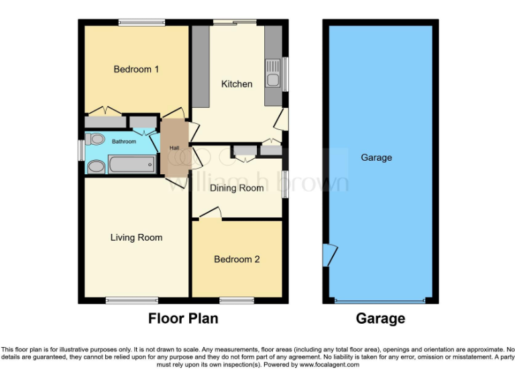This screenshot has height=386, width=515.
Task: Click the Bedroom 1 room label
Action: (x=136, y=69)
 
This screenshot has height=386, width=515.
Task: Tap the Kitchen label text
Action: (x=237, y=84)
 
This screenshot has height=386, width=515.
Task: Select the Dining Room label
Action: (x=237, y=188)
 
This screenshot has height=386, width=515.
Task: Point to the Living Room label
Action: (x=136, y=237)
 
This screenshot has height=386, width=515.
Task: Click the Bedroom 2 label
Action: (x=237, y=259)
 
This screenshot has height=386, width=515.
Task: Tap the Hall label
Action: (x=174, y=148)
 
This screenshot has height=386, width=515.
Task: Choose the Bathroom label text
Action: (x=124, y=141)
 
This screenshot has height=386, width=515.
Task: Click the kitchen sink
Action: (x=273, y=74)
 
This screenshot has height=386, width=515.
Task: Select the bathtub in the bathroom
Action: (x=131, y=164)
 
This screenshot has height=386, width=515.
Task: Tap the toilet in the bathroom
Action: (x=96, y=140)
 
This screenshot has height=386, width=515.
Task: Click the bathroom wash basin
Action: (x=96, y=166)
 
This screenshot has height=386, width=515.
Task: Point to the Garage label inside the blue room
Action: (x=376, y=157)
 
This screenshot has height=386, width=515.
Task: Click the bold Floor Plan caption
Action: (x=183, y=318)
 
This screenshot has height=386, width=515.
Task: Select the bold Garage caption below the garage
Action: (x=380, y=318)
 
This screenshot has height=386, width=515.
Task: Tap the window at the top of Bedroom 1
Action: (x=141, y=22)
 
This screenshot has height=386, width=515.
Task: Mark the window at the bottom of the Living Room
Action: (x=131, y=300)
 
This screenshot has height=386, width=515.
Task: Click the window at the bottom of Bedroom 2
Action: (x=237, y=300)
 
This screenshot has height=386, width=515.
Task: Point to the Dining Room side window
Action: (x=285, y=184)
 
